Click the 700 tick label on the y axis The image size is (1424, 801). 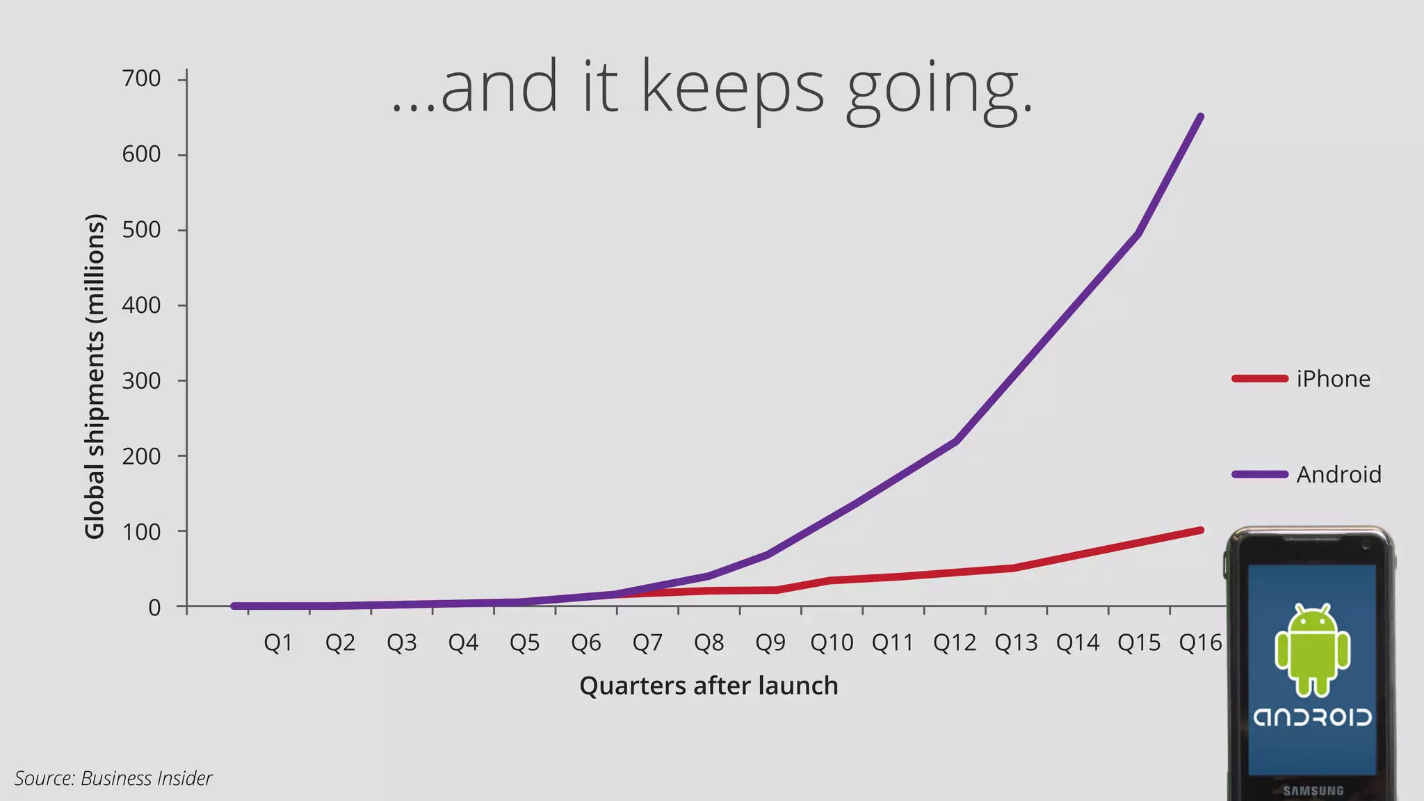(141, 79)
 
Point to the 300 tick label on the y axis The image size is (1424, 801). (141, 381)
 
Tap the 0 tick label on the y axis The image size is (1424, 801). (154, 608)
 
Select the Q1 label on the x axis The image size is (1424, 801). (278, 642)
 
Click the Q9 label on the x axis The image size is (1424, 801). (770, 642)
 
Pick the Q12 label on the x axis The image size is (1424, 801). (954, 642)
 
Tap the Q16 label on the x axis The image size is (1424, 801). (1200, 642)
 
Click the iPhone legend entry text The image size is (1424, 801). (1333, 379)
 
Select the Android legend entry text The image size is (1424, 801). (1338, 475)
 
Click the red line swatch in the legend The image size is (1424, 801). (1259, 379)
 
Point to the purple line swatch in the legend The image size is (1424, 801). (1259, 475)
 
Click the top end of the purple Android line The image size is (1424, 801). (1201, 117)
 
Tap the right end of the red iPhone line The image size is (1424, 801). (1201, 531)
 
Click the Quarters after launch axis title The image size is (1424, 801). (709, 686)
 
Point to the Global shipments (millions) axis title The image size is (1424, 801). (95, 376)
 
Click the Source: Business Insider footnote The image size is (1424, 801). (113, 778)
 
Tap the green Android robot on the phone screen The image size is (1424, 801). (1312, 650)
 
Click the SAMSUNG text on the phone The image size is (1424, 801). (1313, 791)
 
